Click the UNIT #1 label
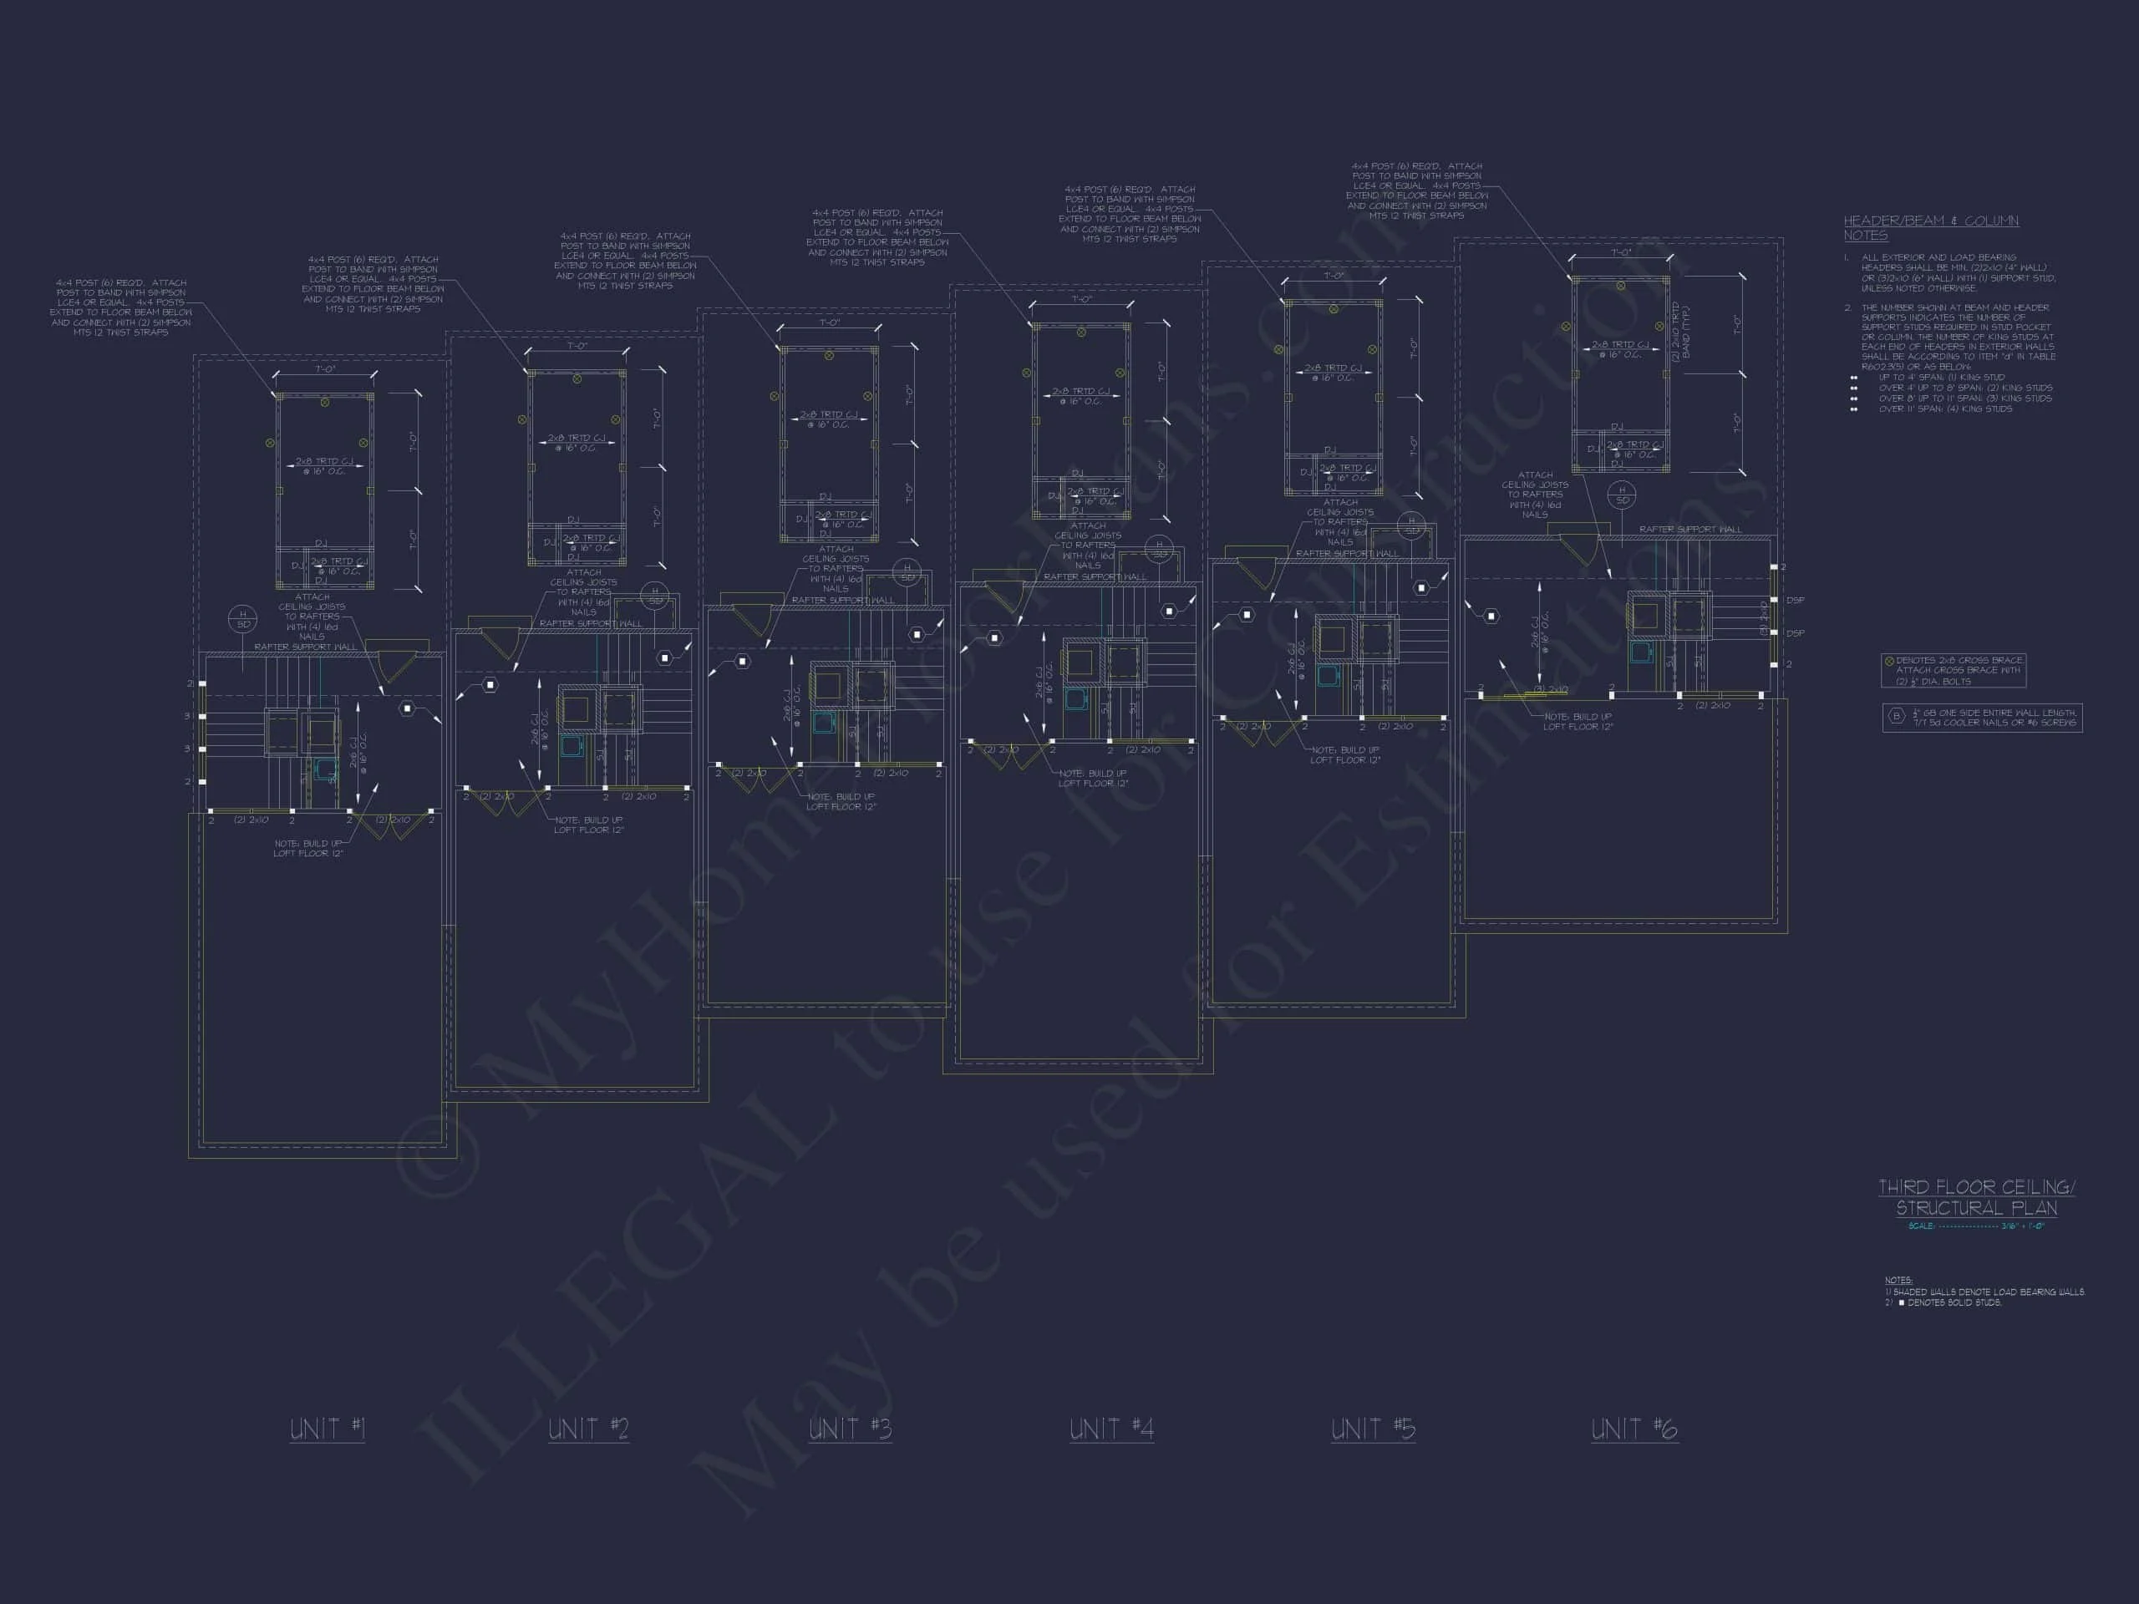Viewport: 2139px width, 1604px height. (x=328, y=1429)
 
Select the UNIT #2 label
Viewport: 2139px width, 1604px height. (x=588, y=1429)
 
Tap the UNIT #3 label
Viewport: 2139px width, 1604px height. (x=850, y=1429)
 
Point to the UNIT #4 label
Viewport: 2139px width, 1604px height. (x=1111, y=1429)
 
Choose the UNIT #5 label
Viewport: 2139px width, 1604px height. (x=1372, y=1429)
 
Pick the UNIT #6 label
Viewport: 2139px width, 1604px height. (x=1634, y=1429)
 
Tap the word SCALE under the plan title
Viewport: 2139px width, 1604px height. (x=1920, y=1226)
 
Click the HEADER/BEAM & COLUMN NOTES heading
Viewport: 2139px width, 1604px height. (x=1930, y=227)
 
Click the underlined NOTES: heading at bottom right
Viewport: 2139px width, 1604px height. (x=1898, y=1280)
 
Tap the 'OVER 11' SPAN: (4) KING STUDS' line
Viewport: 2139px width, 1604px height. (x=1944, y=409)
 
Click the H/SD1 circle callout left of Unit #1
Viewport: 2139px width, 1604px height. (x=241, y=619)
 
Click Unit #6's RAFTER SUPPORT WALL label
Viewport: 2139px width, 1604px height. (x=1689, y=529)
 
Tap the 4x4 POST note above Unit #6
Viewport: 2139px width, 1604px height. (x=1416, y=190)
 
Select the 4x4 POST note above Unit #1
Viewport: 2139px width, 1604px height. (x=121, y=307)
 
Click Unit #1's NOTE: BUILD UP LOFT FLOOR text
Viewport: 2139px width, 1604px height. (x=307, y=849)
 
